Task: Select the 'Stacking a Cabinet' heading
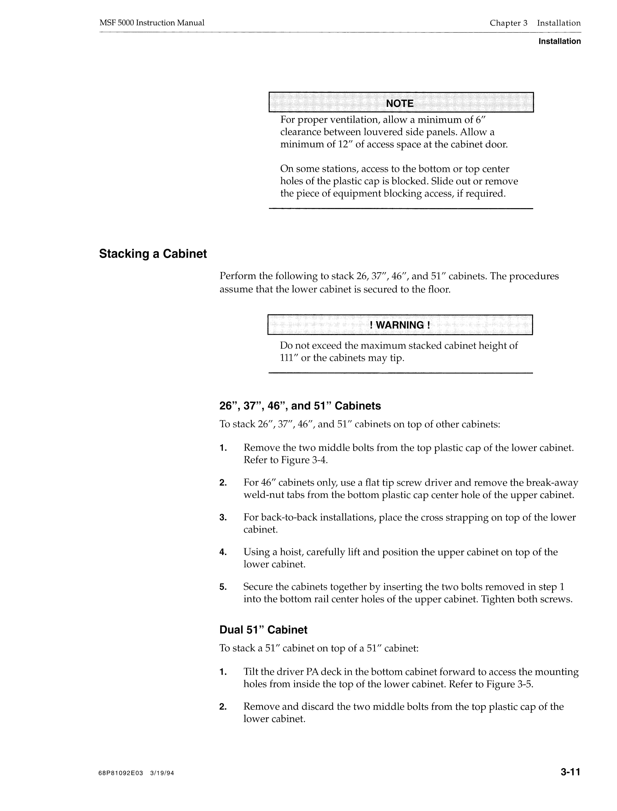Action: tap(153, 254)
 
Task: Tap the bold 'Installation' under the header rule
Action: tap(559, 42)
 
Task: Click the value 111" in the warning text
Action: tap(289, 358)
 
